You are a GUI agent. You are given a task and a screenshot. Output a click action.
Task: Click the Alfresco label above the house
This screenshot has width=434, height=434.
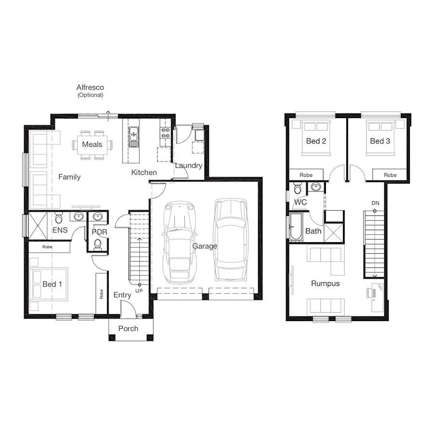pyautogui.click(x=90, y=87)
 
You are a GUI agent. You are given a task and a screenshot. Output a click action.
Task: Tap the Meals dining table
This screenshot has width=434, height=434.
pyautogui.click(x=92, y=145)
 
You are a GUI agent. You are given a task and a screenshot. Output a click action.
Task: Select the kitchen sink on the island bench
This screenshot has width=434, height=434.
pyautogui.click(x=134, y=137)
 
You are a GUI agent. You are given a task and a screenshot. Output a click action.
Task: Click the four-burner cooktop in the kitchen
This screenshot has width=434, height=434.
pyautogui.click(x=165, y=133)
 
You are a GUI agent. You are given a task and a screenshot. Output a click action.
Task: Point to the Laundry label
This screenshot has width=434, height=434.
pyautogui.click(x=189, y=166)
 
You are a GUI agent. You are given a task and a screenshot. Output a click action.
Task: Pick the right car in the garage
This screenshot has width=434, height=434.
pyautogui.click(x=231, y=240)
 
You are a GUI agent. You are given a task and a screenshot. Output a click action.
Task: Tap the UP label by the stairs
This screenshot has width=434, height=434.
pyautogui.click(x=139, y=291)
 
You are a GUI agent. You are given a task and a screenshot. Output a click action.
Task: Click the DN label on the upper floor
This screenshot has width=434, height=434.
pyautogui.click(x=375, y=203)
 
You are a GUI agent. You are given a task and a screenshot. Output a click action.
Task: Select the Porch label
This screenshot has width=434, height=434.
pyautogui.click(x=128, y=328)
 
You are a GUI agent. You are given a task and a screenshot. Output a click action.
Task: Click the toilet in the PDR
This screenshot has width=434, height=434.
pyautogui.click(x=98, y=244)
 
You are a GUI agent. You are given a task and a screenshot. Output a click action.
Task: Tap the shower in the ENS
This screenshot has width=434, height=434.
pyautogui.click(x=38, y=225)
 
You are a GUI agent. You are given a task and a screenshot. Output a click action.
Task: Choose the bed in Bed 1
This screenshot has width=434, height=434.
pyautogui.click(x=49, y=284)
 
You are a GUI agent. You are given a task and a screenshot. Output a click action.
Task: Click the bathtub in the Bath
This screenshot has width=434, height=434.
pyautogui.click(x=296, y=227)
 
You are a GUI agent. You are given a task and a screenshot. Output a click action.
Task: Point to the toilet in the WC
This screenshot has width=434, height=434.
pyautogui.click(x=298, y=188)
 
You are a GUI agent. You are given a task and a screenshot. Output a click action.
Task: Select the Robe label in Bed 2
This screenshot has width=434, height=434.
pyautogui.click(x=306, y=175)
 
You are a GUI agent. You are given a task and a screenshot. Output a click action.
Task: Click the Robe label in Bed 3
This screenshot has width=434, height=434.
pyautogui.click(x=390, y=175)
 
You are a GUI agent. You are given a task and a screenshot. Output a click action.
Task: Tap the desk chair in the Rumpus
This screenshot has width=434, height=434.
pyautogui.click(x=369, y=293)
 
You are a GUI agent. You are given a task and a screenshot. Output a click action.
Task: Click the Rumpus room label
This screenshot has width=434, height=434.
pyautogui.click(x=325, y=284)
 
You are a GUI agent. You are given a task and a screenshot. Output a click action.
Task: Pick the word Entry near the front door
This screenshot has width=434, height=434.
pyautogui.click(x=122, y=295)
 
